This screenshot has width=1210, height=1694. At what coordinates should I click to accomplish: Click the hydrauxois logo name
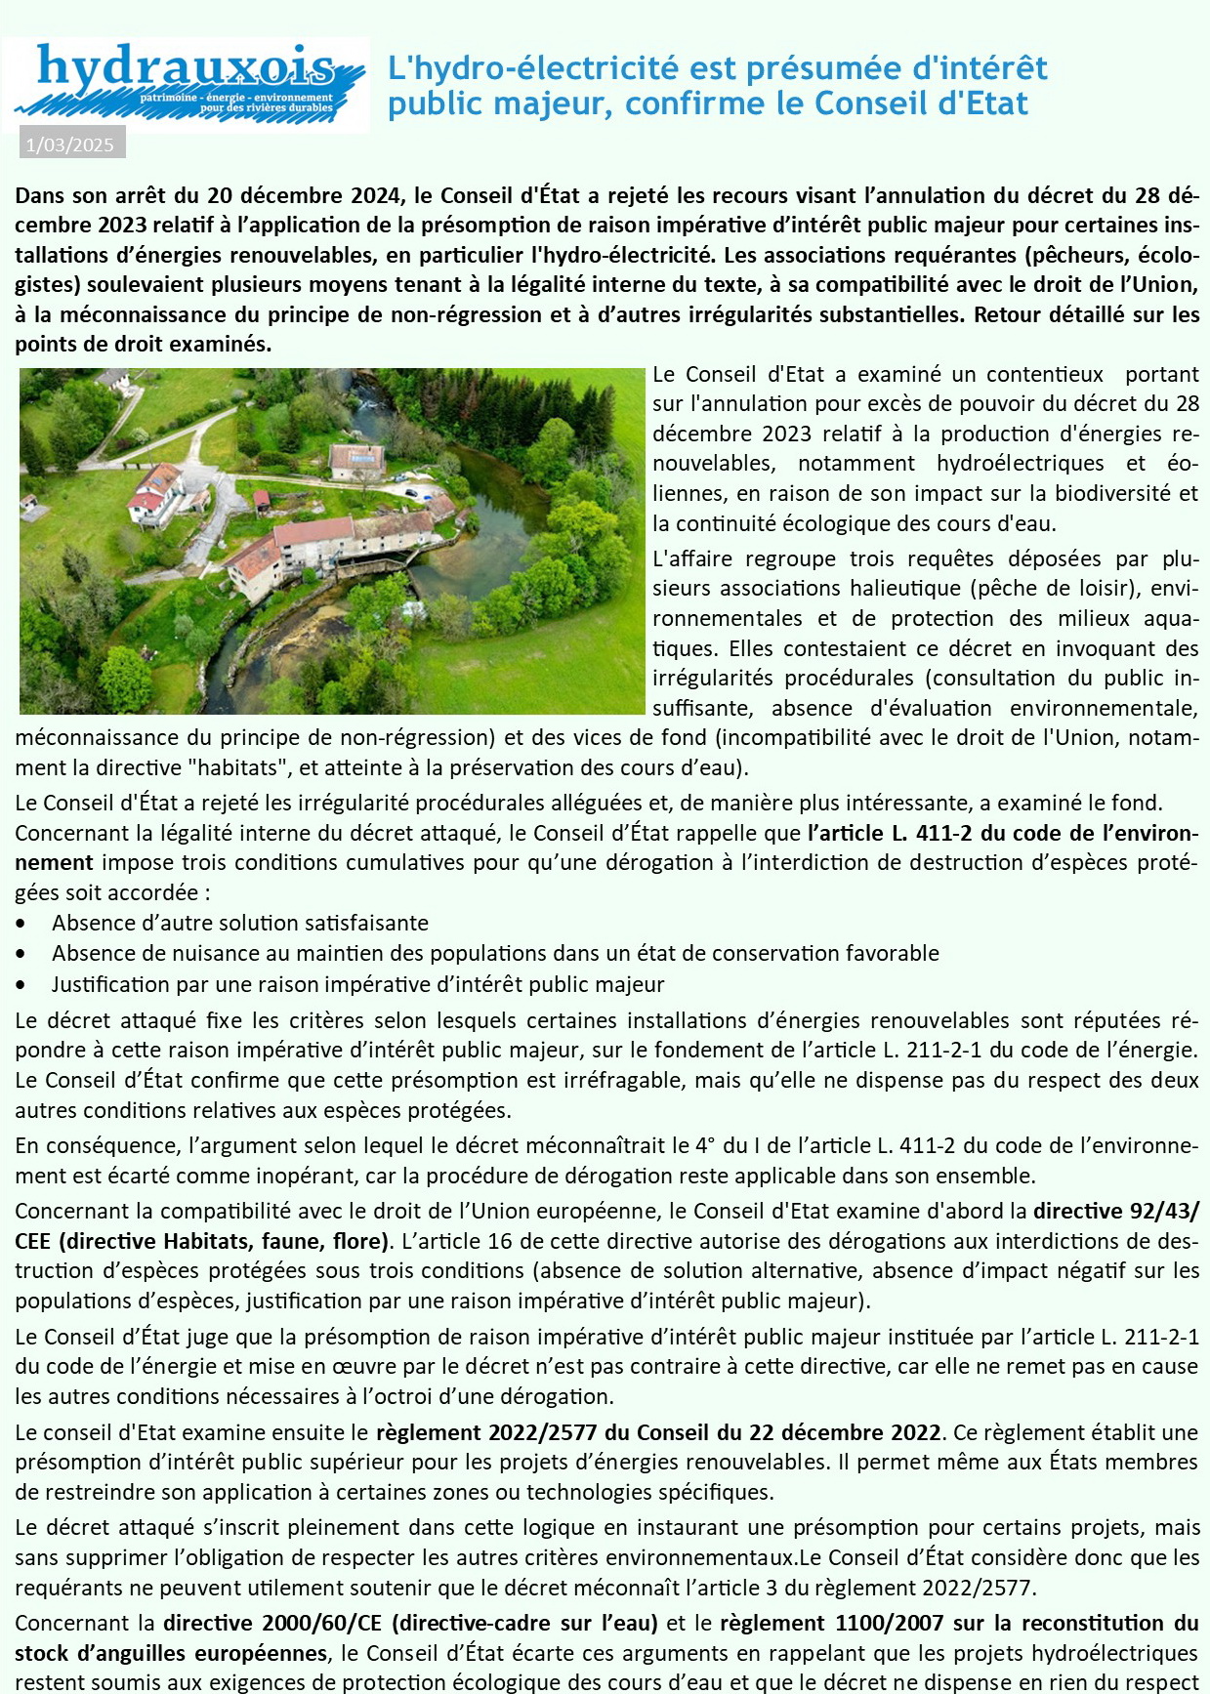[x=186, y=67]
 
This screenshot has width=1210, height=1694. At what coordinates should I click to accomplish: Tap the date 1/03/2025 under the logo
[x=70, y=145]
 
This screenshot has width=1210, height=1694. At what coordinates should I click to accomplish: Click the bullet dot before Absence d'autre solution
[x=21, y=924]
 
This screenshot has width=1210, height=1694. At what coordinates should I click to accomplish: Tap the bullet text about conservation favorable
[x=495, y=953]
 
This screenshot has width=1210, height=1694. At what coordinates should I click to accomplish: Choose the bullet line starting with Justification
[x=357, y=984]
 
